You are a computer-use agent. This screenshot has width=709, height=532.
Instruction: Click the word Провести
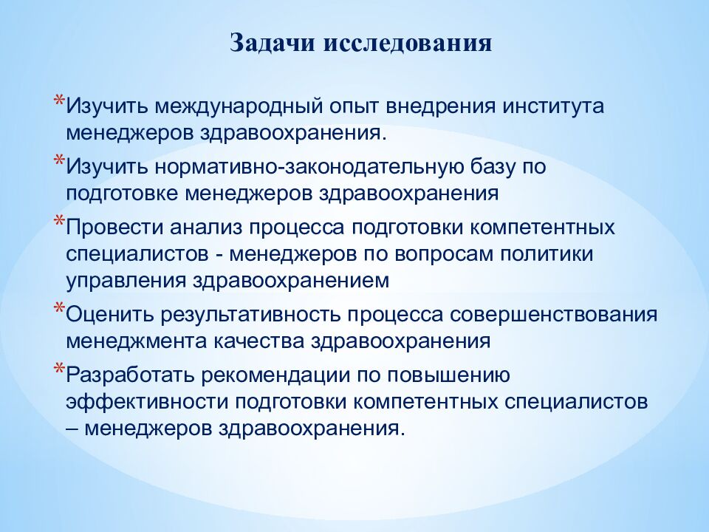tap(115, 227)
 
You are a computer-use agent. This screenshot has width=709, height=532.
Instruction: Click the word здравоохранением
tap(291, 282)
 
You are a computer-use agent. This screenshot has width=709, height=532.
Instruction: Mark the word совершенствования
tap(553, 315)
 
